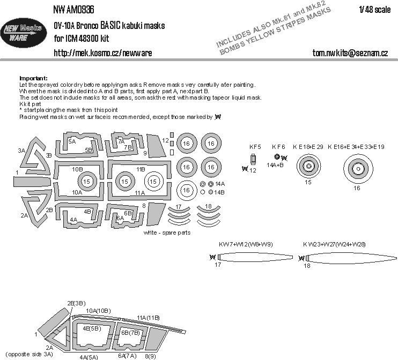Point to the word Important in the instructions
[x=33, y=78]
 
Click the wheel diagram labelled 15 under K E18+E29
[x=308, y=167]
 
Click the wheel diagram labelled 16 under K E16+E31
[x=357, y=169]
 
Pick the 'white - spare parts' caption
[x=167, y=234]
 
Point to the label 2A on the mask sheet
[x=24, y=215]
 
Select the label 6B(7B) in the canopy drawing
[x=130, y=332]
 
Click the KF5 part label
[x=254, y=146]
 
